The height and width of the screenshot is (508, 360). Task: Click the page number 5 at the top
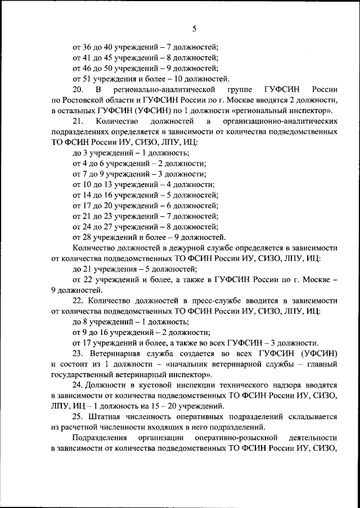193,28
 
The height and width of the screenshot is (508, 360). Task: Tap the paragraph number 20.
78,89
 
